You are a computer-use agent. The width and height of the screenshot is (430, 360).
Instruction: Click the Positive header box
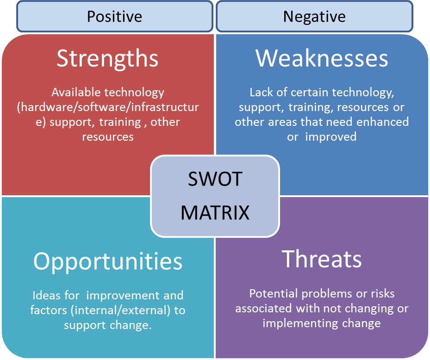[115, 17]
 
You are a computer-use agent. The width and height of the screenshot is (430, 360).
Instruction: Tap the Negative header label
[314, 17]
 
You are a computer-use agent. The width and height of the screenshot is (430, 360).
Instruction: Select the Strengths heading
[107, 59]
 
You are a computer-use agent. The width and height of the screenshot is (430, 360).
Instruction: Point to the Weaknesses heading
[322, 58]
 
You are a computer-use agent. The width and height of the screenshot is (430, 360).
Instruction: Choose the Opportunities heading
[108, 262]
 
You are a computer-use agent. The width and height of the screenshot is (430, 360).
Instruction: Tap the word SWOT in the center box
[215, 179]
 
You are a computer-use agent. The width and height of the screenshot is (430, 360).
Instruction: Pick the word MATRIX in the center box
[215, 212]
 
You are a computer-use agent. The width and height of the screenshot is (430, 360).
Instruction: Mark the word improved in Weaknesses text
[331, 137]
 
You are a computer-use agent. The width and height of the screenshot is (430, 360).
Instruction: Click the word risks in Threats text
[383, 294]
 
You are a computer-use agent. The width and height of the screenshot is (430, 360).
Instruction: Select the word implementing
[300, 323]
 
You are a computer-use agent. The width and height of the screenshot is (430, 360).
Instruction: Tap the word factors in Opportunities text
[49, 310]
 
